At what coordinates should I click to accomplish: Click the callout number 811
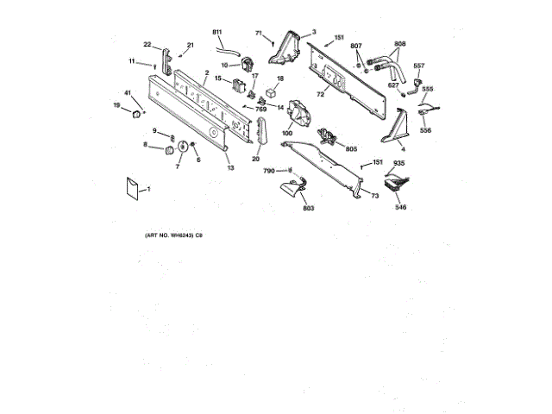click(x=216, y=32)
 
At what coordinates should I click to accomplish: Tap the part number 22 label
click(x=147, y=44)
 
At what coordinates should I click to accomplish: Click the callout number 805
click(x=351, y=148)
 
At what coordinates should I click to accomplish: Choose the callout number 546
click(x=400, y=208)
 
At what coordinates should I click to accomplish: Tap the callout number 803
click(x=308, y=208)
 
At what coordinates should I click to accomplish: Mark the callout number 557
click(x=419, y=66)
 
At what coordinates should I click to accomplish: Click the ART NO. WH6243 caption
click(x=172, y=235)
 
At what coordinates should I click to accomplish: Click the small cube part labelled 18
click(x=272, y=92)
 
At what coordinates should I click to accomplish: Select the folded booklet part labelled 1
click(x=133, y=188)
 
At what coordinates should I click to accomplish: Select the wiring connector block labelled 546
click(x=398, y=183)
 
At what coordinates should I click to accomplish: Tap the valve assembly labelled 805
click(x=327, y=135)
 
